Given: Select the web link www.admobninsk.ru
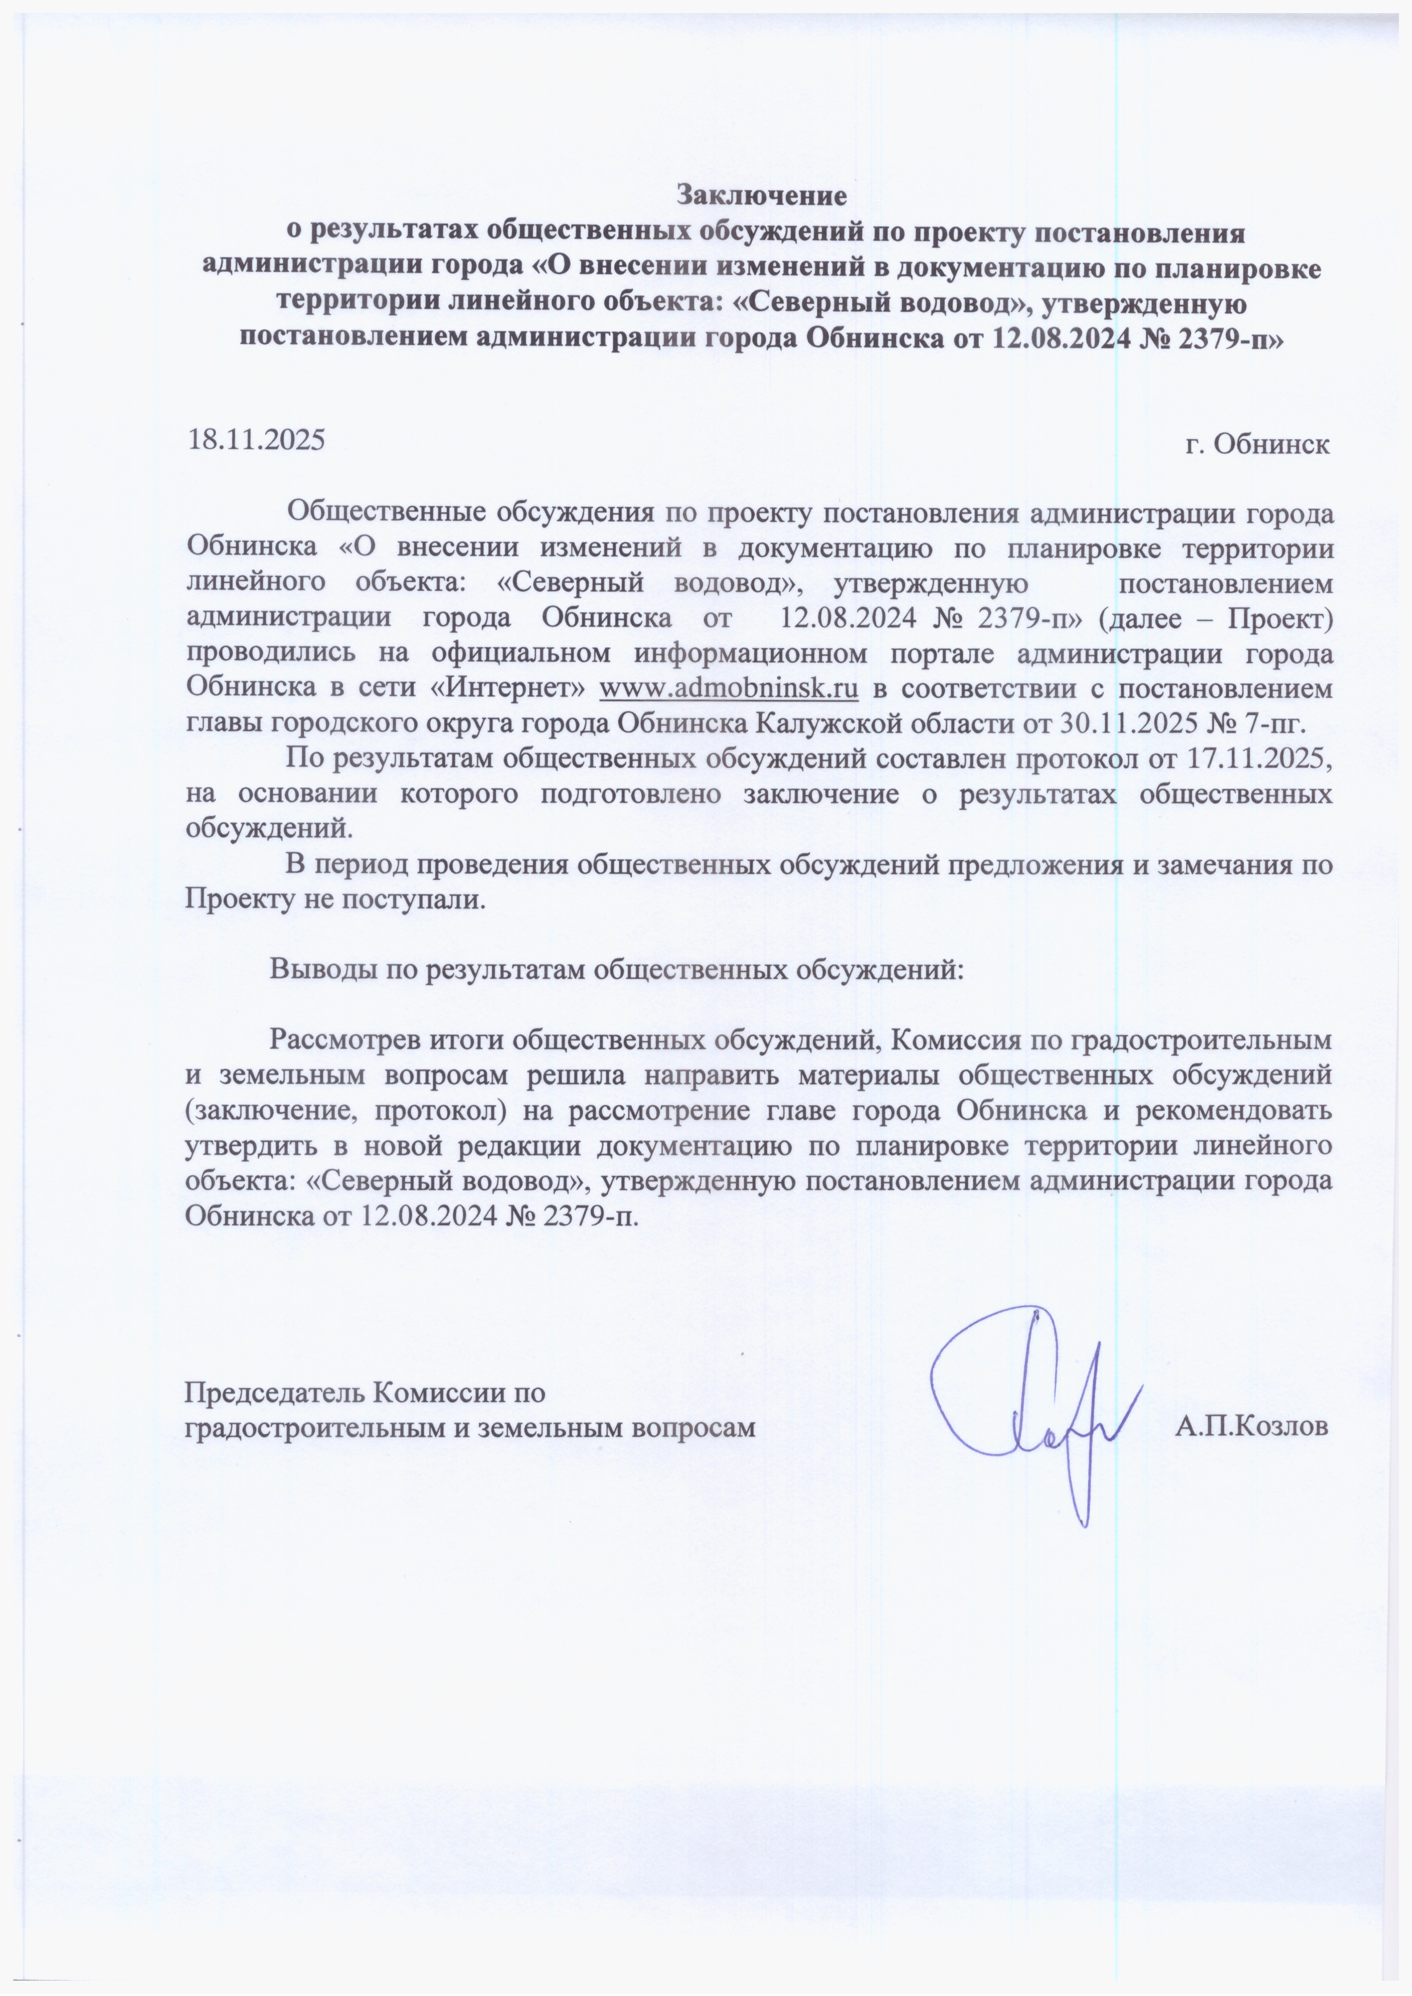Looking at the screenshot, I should pos(728,689).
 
